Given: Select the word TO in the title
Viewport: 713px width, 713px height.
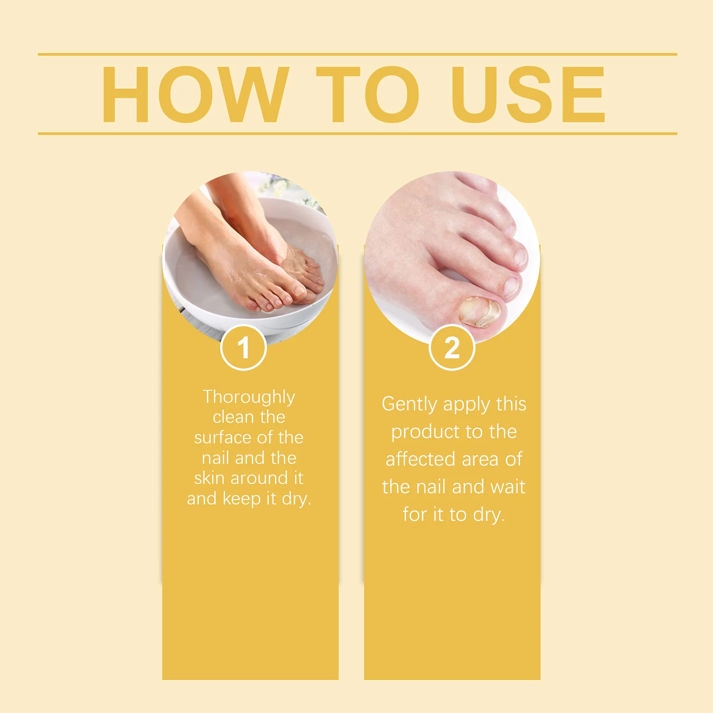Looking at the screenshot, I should (367, 94).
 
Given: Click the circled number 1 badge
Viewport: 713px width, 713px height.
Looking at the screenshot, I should (243, 348).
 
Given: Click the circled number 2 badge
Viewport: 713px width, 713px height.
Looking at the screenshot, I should (452, 348).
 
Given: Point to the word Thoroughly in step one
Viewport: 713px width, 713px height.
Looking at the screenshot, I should (249, 397).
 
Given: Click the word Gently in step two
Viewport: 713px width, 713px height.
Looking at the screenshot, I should (409, 404).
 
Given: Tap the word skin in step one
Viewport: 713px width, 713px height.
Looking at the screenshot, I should (209, 478).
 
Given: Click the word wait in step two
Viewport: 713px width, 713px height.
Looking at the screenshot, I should (507, 487).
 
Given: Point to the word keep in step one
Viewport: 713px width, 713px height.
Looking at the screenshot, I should (242, 499).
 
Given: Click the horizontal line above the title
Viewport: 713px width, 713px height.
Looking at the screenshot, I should (356, 54).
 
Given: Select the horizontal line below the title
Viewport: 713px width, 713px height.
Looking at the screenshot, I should (356, 133).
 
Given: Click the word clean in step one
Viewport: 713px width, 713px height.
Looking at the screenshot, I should (233, 417).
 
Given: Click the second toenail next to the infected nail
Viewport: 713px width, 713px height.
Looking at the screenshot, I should (512, 285).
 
